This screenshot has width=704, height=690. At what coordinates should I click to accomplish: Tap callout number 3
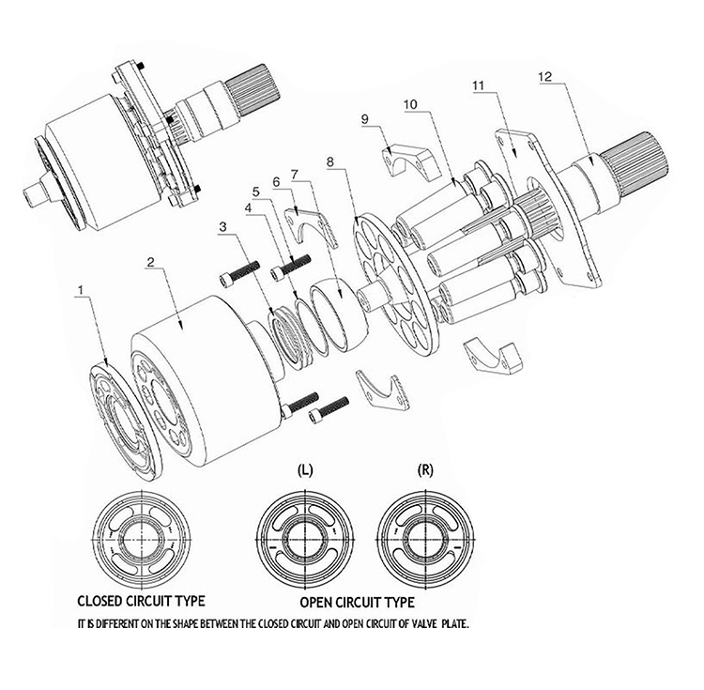click(222, 226)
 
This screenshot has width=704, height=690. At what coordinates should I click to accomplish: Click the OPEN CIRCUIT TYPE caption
click(358, 601)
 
